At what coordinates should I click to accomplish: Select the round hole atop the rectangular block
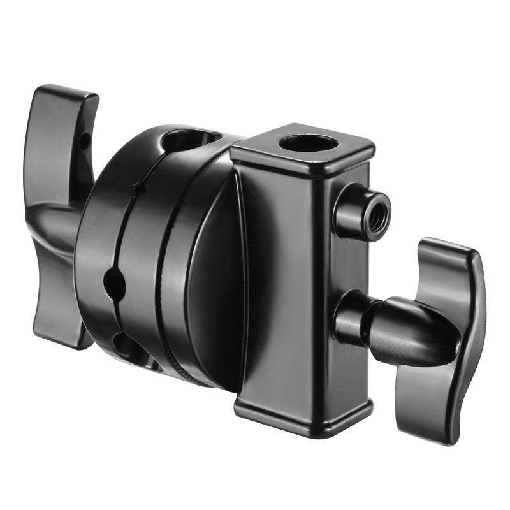pos(309,142)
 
